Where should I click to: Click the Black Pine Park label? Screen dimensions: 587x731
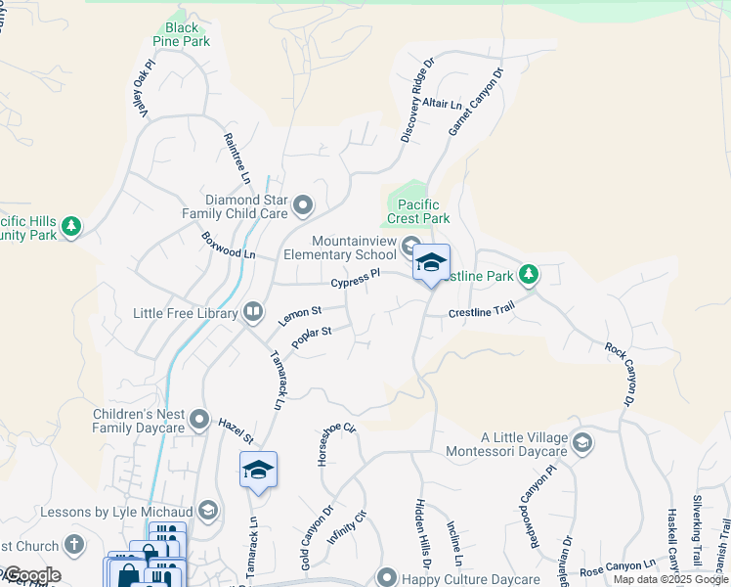tap(182, 34)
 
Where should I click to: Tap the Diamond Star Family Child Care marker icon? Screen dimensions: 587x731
tap(303, 205)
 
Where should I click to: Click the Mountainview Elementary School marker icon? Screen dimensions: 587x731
tap(410, 247)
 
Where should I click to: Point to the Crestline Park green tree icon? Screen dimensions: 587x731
tap(529, 273)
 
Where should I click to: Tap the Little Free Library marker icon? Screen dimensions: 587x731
tap(253, 312)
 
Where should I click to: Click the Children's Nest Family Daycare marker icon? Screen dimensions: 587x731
tap(199, 420)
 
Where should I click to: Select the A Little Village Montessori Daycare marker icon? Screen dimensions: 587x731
tap(581, 443)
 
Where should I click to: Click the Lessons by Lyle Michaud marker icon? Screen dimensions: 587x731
tap(208, 510)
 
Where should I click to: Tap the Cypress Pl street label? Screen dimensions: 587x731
tap(355, 280)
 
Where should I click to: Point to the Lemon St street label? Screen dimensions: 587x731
tap(299, 315)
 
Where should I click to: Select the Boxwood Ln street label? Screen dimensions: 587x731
tap(228, 245)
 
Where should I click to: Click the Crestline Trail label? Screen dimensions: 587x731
tap(481, 312)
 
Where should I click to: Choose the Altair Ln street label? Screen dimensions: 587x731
tap(443, 104)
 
